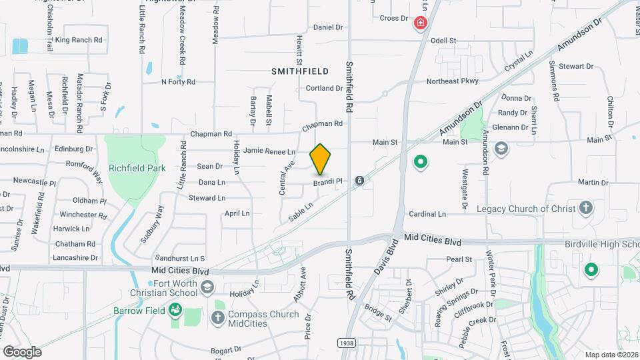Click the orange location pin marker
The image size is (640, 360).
pos(321,159)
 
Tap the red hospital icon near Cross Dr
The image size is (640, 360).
pos(421,25)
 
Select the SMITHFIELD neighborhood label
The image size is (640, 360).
pos(300,70)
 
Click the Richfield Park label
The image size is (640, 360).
pos(138,169)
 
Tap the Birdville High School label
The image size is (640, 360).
pos(601,244)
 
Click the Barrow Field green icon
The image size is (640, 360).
pos(175,309)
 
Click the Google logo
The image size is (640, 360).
pos(22,351)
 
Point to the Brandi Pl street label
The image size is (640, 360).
pos(328,181)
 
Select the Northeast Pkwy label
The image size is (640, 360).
pos(453,81)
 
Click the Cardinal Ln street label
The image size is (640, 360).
pos(427,214)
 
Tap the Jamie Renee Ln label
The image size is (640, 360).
pos(269,152)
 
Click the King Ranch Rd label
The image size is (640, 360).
pos(79,40)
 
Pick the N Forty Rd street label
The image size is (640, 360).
pos(178,82)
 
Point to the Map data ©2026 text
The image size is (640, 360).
pos(611,354)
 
